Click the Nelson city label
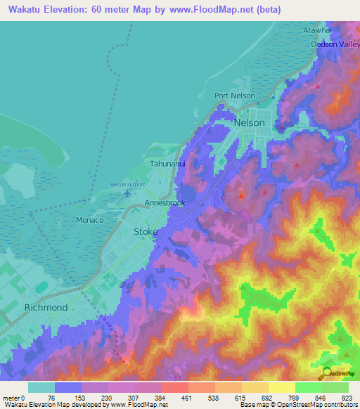pos(250,122)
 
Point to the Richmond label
pos(46,307)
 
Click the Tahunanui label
pos(167,163)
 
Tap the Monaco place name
pos(89,220)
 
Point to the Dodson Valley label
pos(335,44)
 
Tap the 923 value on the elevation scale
pos(346,397)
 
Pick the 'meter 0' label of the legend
pos(13,397)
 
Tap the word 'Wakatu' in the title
pos(27,9)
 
